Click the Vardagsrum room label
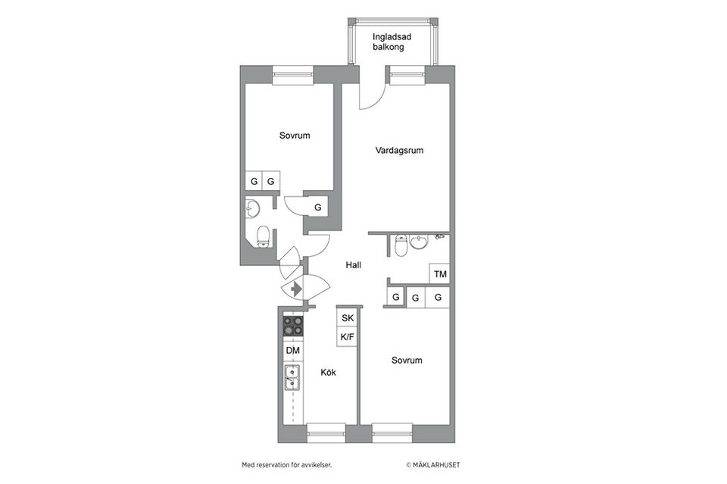tap(399, 151)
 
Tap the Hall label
tap(353, 265)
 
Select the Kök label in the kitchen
tap(328, 373)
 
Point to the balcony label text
tap(388, 42)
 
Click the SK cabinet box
tap(348, 318)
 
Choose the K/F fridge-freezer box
tap(348, 336)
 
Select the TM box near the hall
tap(440, 274)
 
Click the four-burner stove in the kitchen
tap(292, 326)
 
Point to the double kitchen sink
tap(292, 376)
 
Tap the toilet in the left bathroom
tap(263, 236)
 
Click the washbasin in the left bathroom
tap(253, 209)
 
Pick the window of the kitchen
tap(326, 433)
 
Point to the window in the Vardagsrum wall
tap(407, 74)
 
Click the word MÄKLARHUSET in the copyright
tap(436, 465)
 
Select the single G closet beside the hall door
tap(317, 207)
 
